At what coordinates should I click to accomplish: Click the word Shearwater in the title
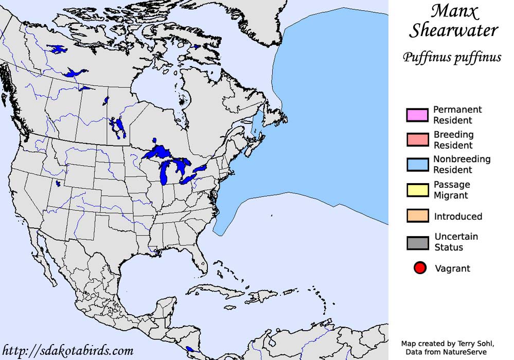(x=453, y=31)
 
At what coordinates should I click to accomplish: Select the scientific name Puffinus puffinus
(x=452, y=57)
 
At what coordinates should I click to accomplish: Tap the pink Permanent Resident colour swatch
(x=417, y=115)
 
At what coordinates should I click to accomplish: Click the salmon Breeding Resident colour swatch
(x=417, y=139)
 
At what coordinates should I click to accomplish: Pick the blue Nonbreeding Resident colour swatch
(x=417, y=164)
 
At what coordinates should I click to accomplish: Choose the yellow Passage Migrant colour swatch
(x=417, y=190)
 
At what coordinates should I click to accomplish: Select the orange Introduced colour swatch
(x=417, y=215)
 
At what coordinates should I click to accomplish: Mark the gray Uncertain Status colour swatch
(x=417, y=243)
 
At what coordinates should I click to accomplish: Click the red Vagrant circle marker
(x=420, y=268)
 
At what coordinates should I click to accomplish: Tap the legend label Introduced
(x=458, y=217)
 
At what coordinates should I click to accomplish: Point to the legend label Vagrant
(x=452, y=268)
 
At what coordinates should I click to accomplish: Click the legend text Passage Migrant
(x=451, y=190)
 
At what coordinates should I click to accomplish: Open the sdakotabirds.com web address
(x=68, y=351)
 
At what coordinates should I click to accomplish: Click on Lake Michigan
(x=165, y=173)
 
